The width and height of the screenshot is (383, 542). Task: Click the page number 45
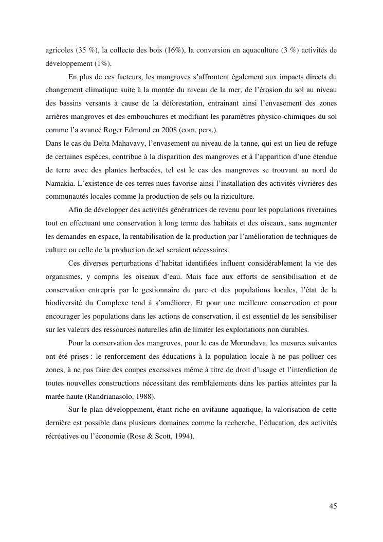click(333, 506)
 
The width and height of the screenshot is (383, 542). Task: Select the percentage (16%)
click(171, 50)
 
